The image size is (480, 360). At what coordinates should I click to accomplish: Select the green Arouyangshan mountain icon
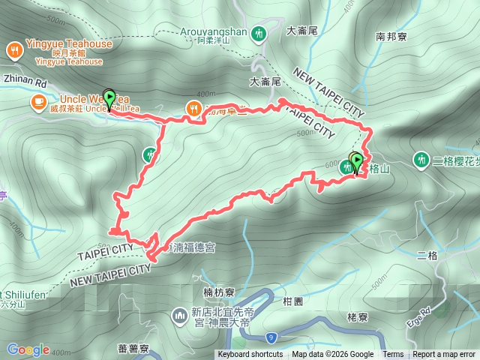pos(258,33)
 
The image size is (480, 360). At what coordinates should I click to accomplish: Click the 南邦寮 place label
pos(391,36)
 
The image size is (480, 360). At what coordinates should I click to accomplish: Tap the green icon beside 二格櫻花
pos(421,160)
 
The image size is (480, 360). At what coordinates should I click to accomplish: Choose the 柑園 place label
pos(292,301)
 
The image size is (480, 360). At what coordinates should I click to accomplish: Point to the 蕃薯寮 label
pos(134,349)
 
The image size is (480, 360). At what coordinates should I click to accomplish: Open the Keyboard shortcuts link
pos(250,355)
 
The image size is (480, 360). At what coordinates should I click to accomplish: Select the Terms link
pos(393,355)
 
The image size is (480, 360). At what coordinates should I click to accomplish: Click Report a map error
pos(445,355)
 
